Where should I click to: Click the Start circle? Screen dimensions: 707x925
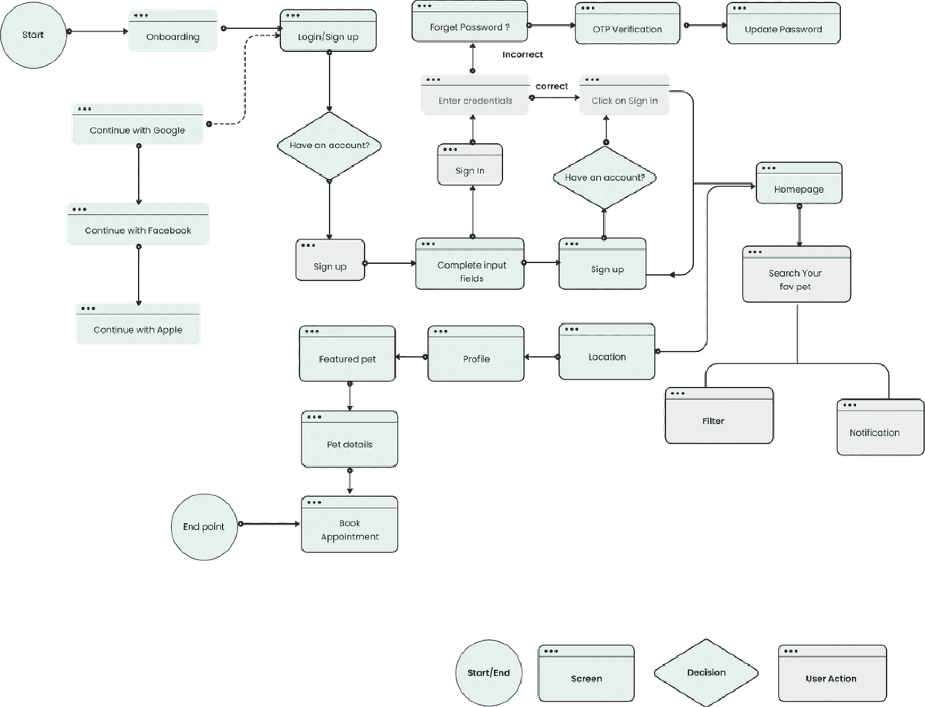pyautogui.click(x=33, y=35)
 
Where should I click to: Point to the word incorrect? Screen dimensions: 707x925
pyautogui.click(x=523, y=54)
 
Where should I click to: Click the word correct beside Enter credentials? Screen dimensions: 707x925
pyautogui.click(x=551, y=86)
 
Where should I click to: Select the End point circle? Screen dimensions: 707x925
pyautogui.click(x=204, y=527)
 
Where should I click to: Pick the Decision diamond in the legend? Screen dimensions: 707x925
pyautogui.click(x=706, y=672)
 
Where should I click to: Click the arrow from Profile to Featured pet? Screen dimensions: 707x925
pyautogui.click(x=411, y=357)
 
